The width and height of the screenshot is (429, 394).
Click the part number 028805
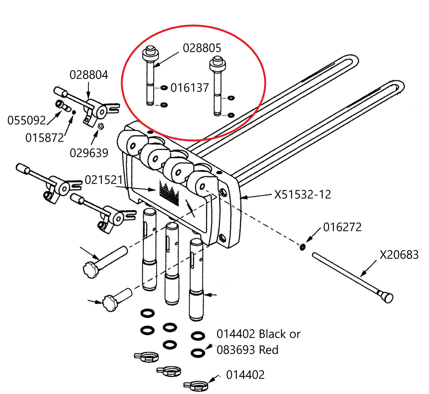pyautogui.click(x=202, y=48)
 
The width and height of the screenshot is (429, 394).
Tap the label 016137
pyautogui.click(x=190, y=88)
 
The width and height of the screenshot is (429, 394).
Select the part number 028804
pyautogui.click(x=89, y=75)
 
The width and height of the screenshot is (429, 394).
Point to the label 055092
pyautogui.click(x=26, y=120)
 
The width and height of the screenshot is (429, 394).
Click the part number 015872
pyautogui.click(x=45, y=138)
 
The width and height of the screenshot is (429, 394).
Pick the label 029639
pyautogui.click(x=89, y=153)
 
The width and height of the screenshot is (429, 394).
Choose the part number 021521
pyautogui.click(x=104, y=180)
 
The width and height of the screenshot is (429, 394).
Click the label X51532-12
pyautogui.click(x=302, y=194)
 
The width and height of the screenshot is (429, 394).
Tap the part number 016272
pyautogui.click(x=342, y=227)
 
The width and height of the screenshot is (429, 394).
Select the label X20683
pyautogui.click(x=399, y=255)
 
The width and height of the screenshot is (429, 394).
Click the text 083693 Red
pyautogui.click(x=247, y=350)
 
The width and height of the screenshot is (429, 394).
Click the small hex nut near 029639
pyautogui.click(x=100, y=126)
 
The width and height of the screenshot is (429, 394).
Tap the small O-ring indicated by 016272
pyautogui.click(x=302, y=247)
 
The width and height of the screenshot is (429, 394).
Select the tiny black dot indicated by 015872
pyautogui.click(x=74, y=112)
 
